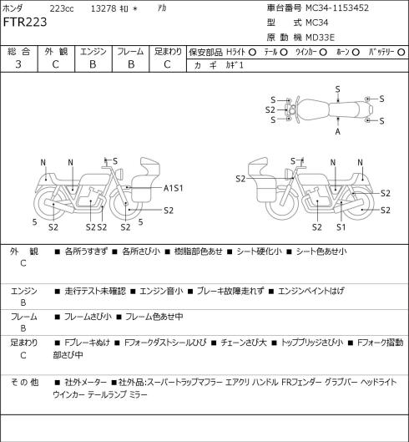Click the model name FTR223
25,22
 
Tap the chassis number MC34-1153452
337,8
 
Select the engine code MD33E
321,38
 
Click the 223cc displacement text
62,8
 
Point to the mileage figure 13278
104,8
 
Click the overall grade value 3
18,64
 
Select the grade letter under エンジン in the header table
93,64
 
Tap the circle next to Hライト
252,52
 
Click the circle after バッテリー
401,52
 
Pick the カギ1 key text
234,65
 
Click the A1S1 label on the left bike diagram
174,188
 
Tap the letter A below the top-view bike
338,131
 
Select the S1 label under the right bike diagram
341,227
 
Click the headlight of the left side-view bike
121,173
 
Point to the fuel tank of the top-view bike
313,109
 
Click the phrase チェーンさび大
244,343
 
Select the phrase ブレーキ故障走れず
230,291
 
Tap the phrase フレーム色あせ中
154,317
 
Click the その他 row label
24,383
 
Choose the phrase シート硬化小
259,251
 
